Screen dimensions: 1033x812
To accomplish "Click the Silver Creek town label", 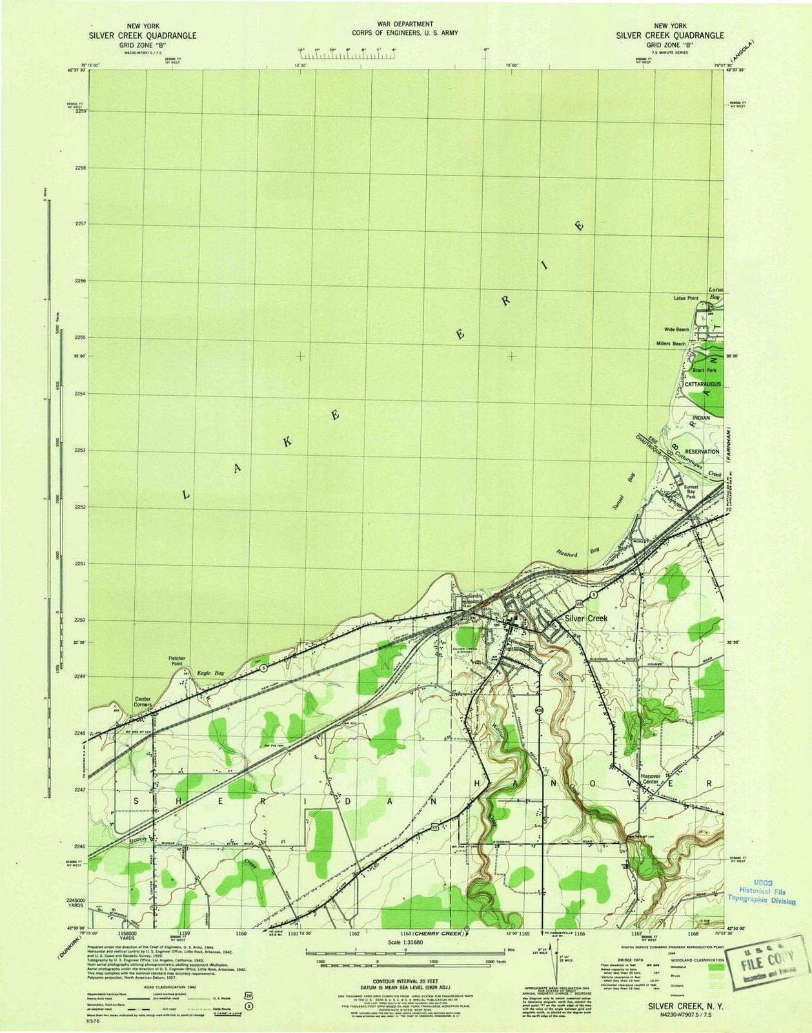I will tap(586, 618).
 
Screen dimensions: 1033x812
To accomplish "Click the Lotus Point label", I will tap(685, 298).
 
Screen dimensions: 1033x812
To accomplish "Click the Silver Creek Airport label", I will tap(468, 650).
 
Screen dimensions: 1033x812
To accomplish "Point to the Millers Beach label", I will tap(671, 343).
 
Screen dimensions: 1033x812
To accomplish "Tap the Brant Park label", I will tap(704, 371).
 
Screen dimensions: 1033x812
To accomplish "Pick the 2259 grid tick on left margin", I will tap(81, 111).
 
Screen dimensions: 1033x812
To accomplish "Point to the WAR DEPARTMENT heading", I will tap(405, 24).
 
